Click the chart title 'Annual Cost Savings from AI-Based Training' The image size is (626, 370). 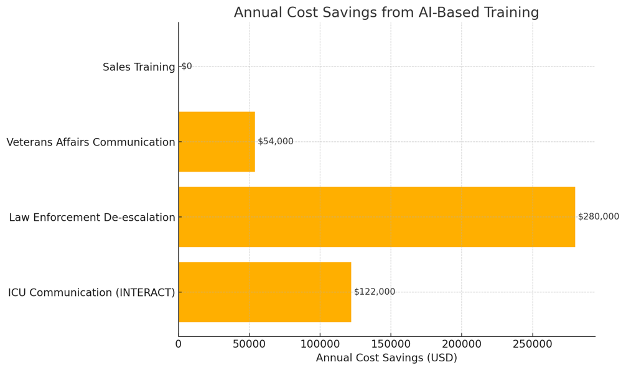tap(386, 12)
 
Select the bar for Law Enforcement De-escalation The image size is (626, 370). tap(376, 217)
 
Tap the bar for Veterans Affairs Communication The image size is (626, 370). tap(217, 142)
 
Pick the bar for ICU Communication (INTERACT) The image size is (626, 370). tap(264, 292)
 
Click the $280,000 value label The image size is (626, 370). tap(598, 217)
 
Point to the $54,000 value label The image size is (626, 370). tap(275, 142)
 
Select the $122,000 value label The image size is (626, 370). tap(374, 292)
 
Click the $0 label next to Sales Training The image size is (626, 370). tap(187, 67)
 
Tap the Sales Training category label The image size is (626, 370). tap(139, 67)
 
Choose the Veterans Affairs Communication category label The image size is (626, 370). tap(91, 142)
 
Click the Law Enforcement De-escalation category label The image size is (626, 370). tap(92, 218)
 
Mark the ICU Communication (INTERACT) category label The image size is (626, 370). tap(91, 293)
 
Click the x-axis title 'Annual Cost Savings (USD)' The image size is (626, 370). tap(386, 358)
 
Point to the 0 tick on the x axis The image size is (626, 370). tap(179, 344)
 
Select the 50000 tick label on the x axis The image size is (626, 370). tap(249, 344)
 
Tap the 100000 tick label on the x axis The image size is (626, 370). tap(320, 344)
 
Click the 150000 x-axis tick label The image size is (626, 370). tap(391, 344)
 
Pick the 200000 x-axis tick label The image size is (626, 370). tap(461, 344)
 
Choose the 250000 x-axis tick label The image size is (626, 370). tap(532, 344)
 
